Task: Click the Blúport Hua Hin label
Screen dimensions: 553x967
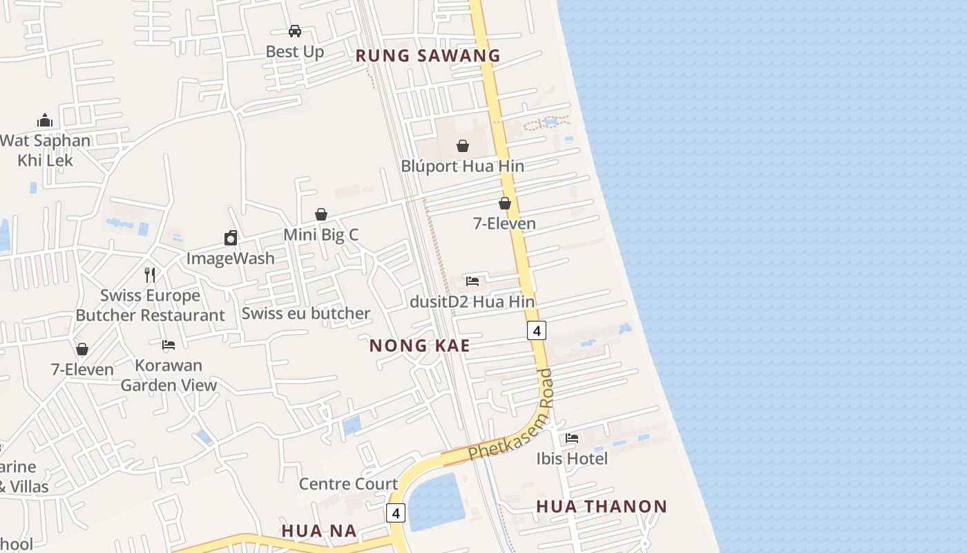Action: coord(462,167)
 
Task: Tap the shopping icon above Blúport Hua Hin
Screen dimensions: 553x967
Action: coord(462,146)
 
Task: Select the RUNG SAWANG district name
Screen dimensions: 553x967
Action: coord(428,56)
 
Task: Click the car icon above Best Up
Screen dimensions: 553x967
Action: coord(295,31)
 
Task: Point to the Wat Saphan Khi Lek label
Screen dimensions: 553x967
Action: coord(46,150)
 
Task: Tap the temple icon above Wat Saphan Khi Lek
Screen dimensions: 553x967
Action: coord(45,121)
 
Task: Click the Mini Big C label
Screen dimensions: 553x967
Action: coord(320,235)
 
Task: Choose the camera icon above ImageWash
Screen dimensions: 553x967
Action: coord(231,238)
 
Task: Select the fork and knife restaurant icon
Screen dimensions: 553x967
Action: coord(150,274)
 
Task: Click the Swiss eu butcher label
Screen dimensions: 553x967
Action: coord(306,314)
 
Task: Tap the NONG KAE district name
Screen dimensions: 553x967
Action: coord(419,346)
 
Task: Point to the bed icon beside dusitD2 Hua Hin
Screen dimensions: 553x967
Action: coord(472,281)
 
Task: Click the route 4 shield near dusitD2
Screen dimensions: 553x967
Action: coord(536,330)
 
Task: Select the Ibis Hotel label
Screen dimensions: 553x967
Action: coord(572,459)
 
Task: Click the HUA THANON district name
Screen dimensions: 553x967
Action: coord(602,507)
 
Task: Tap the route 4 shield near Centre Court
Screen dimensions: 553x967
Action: coord(395,513)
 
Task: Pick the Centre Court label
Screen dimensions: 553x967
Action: coord(348,484)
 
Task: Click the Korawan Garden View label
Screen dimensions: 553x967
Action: coord(169,375)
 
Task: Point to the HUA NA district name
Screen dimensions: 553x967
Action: coord(318,531)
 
